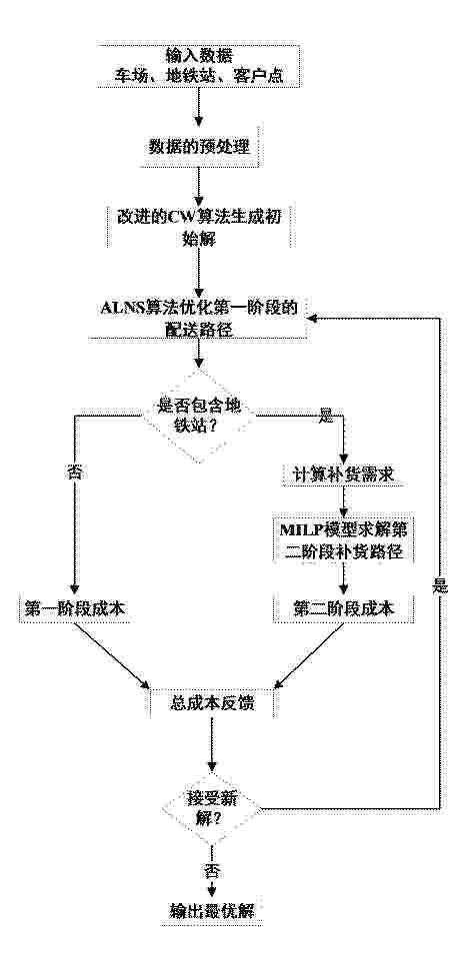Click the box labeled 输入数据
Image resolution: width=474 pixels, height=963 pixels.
(200, 65)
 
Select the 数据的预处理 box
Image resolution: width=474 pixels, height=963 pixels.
(199, 148)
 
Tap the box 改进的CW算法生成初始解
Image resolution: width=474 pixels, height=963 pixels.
(199, 227)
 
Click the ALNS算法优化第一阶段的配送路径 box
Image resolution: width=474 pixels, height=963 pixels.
(197, 318)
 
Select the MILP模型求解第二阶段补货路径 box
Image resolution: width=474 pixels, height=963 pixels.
(344, 539)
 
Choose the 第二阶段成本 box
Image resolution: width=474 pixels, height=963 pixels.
(344, 608)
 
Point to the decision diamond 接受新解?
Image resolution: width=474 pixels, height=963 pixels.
(212, 808)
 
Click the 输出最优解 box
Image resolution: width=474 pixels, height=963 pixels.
(212, 910)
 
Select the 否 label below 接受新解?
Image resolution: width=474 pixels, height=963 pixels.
(211, 870)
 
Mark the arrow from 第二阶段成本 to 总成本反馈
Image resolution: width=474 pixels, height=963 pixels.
(309, 656)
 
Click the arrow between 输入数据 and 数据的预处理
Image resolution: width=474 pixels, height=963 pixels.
(199, 108)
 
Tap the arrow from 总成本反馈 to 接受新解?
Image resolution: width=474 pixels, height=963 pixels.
(212, 743)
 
